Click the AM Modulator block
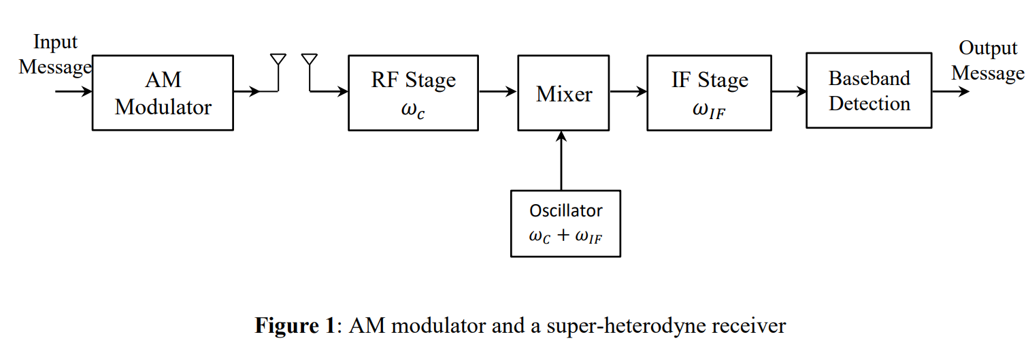coord(163,93)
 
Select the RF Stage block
coord(413,93)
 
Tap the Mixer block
coord(564,93)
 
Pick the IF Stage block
coord(709,93)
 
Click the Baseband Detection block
coord(869,91)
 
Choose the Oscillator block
coord(565,223)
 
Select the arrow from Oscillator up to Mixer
coord(561,160)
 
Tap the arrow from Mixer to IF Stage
coord(629,91)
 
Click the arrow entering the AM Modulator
coord(73,91)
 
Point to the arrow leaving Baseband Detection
coord(950,91)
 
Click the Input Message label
coord(54,55)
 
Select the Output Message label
coord(987,61)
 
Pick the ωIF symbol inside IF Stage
coord(709,110)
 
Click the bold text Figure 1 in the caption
coord(295,326)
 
